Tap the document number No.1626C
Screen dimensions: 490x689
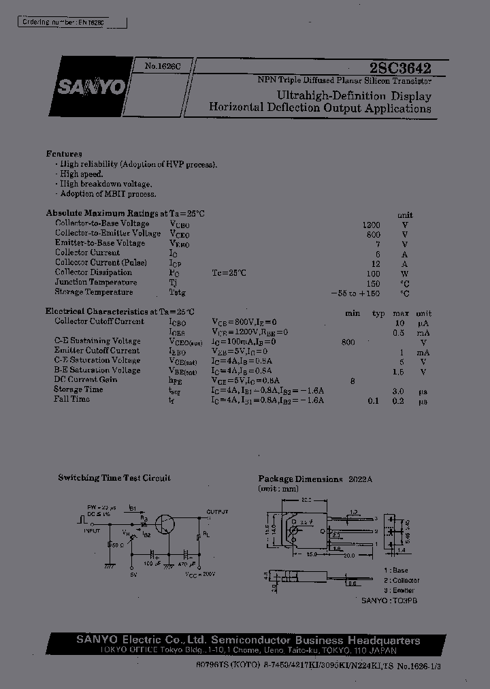[161, 66]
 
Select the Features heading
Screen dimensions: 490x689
[64, 154]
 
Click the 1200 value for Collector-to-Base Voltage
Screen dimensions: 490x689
[372, 224]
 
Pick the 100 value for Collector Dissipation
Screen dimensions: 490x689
[373, 272]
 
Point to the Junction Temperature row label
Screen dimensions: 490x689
[96, 282]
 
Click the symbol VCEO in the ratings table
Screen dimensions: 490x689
[180, 234]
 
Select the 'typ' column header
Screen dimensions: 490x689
[378, 313]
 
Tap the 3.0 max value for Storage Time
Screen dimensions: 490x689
[398, 391]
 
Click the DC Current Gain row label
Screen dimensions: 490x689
[86, 380]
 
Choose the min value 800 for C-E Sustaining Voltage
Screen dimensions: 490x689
[348, 342]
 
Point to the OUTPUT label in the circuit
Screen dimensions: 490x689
[218, 511]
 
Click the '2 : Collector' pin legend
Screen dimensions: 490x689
[402, 580]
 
